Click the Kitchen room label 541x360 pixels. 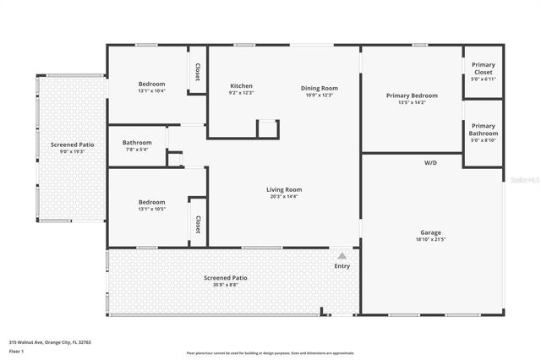tap(242, 86)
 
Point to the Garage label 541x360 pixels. tap(431, 232)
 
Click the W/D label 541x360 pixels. tap(430, 162)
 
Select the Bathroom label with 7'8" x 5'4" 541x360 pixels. tap(137, 142)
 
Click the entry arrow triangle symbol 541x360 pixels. tap(342, 254)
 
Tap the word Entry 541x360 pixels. tap(342, 266)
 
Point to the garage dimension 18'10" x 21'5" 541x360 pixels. tap(431, 240)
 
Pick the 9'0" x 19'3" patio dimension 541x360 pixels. tap(72, 151)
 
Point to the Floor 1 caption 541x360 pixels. tap(17, 351)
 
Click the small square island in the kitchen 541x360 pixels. tap(267, 128)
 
